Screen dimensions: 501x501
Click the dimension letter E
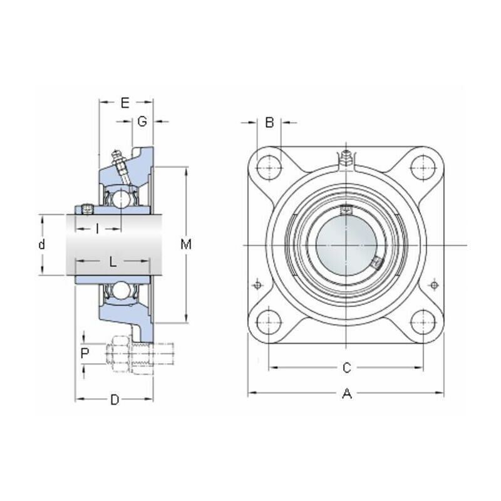pyautogui.click(x=125, y=103)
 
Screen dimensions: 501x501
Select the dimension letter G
pyautogui.click(x=142, y=121)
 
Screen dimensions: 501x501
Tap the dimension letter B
pyautogui.click(x=270, y=122)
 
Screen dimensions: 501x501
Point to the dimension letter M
pyautogui.click(x=186, y=244)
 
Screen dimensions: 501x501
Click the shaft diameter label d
pyautogui.click(x=41, y=244)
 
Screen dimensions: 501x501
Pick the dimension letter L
pyautogui.click(x=113, y=262)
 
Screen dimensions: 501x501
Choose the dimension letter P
pyautogui.click(x=85, y=354)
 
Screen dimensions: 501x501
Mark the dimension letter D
pyautogui.click(x=115, y=400)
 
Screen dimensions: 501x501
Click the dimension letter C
pyautogui.click(x=347, y=368)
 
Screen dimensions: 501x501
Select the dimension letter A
pyautogui.click(x=347, y=394)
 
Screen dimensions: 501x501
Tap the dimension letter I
pyautogui.click(x=98, y=229)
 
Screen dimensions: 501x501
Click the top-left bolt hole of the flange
pyautogui.click(x=269, y=168)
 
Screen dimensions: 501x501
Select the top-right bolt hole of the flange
pyautogui.click(x=423, y=168)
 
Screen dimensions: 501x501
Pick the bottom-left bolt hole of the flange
pyautogui.click(x=269, y=322)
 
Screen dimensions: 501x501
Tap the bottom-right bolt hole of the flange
pyautogui.click(x=423, y=322)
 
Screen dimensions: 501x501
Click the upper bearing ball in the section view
pyautogui.click(x=121, y=199)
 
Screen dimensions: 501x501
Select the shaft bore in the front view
pyautogui.click(x=346, y=245)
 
